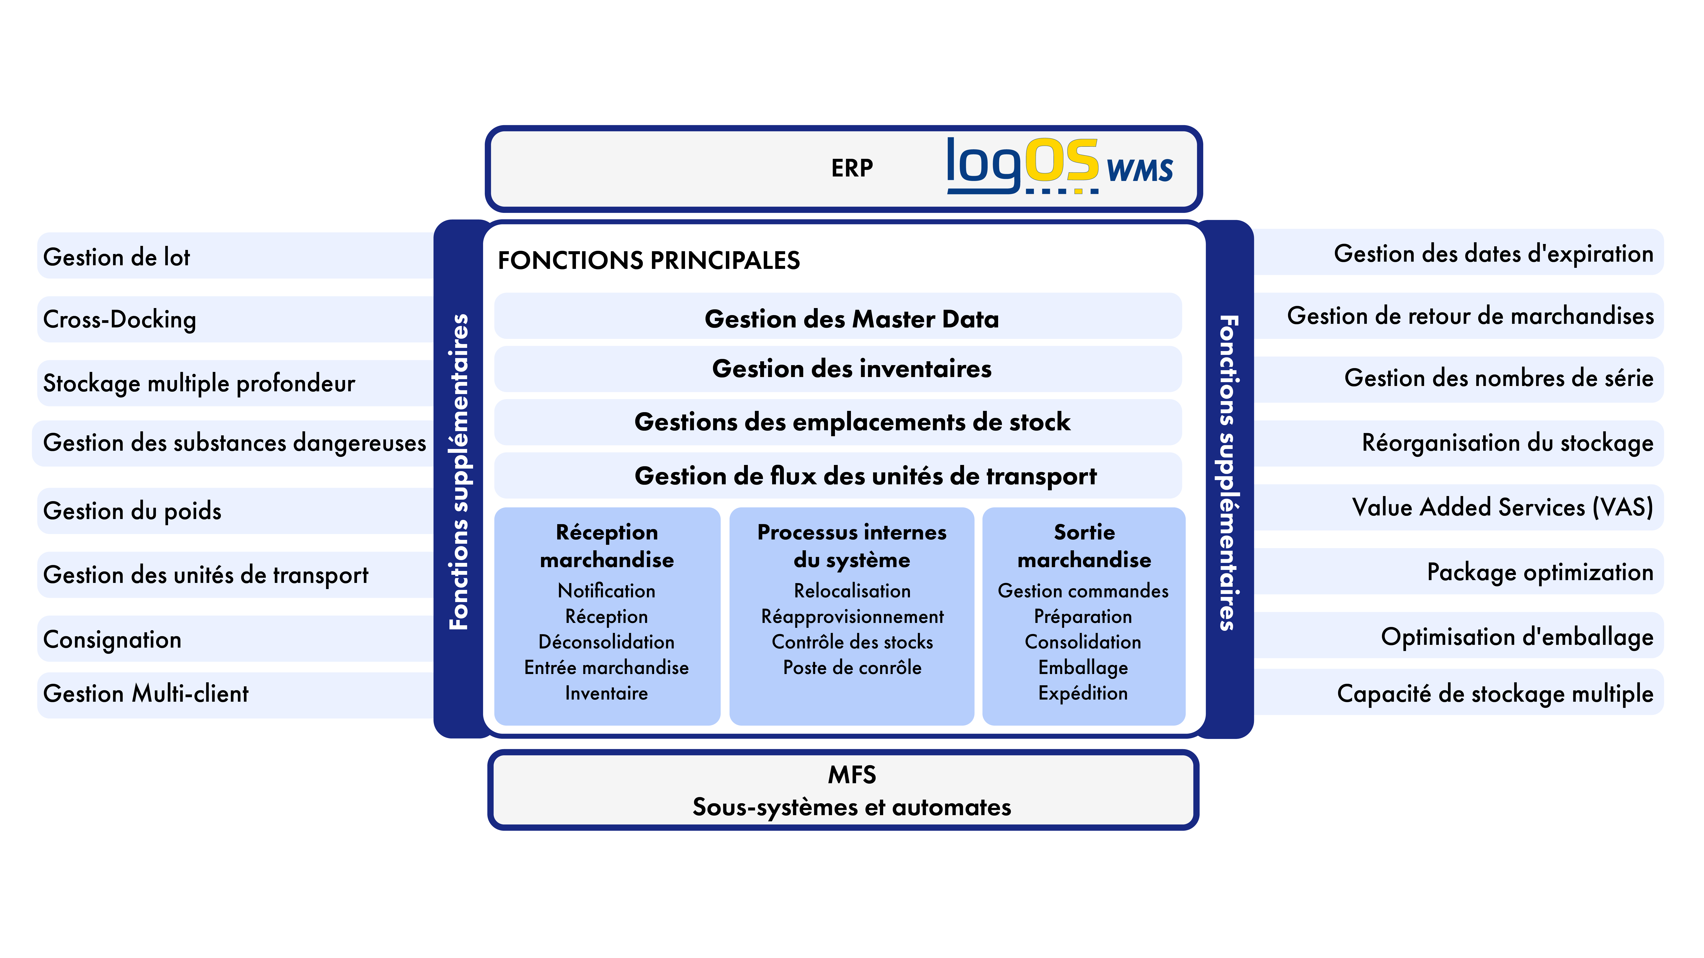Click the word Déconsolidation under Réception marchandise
[607, 642]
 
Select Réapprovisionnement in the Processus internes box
[852, 617]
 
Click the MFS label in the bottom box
[852, 775]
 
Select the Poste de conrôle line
[852, 668]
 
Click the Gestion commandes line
[1083, 591]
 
